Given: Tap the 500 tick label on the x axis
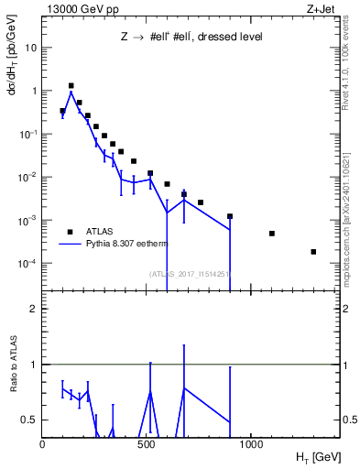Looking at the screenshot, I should (x=147, y=443).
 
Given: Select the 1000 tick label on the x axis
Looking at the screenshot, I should (x=251, y=443).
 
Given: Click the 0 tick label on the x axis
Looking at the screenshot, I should (x=43, y=443).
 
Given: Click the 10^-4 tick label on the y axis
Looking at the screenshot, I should (x=28, y=264).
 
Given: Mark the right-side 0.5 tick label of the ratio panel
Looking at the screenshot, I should (x=348, y=420).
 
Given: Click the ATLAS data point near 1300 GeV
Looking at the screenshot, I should (x=313, y=252).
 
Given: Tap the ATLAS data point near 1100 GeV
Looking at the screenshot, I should (x=272, y=234).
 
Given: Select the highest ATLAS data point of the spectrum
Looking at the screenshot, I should (x=71, y=85).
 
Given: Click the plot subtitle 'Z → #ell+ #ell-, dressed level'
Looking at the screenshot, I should (x=191, y=38).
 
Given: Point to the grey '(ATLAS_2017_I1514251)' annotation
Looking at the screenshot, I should (x=189, y=273).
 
